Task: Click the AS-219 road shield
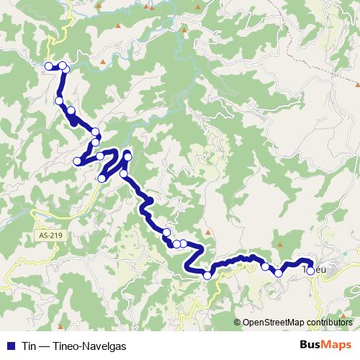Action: tap(50, 235)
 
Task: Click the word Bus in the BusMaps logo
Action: tap(312, 345)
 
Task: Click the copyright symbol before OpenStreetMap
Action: tap(238, 323)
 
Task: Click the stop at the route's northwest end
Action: tap(49, 66)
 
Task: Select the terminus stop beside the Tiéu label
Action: tap(310, 271)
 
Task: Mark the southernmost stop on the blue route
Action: tap(207, 275)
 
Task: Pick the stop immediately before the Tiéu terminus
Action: tap(279, 273)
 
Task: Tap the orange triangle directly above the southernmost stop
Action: tap(207, 233)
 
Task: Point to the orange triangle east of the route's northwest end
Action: tap(103, 63)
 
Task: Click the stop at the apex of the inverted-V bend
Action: tap(128, 156)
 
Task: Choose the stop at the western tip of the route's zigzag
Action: tap(77, 161)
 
